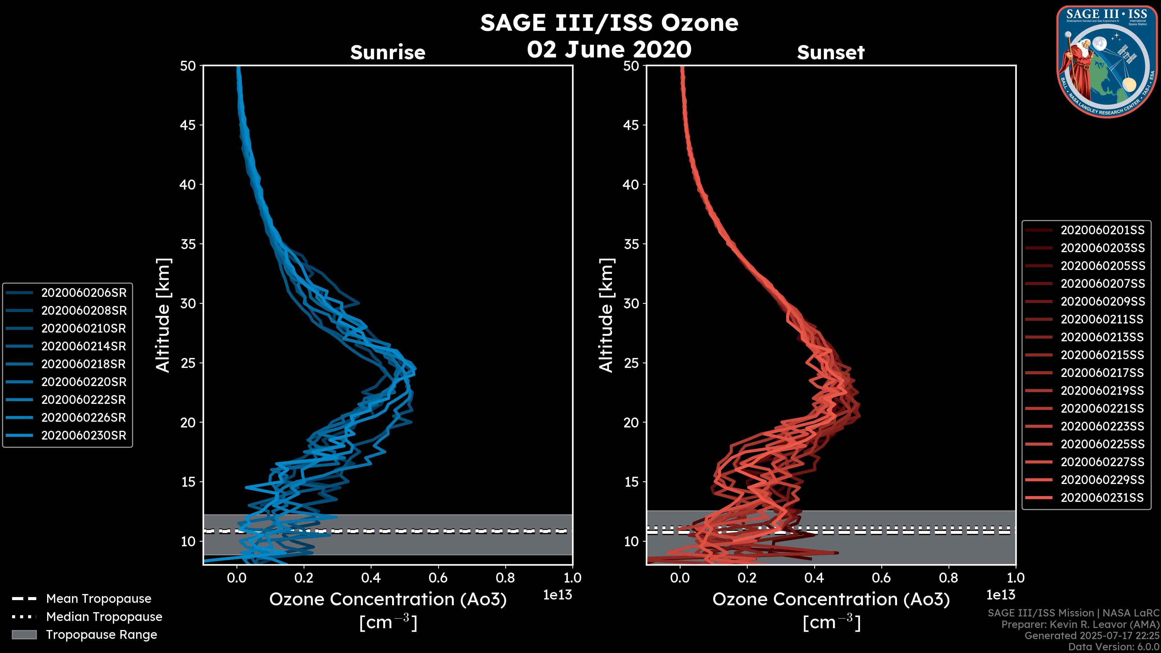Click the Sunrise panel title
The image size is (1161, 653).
(x=388, y=53)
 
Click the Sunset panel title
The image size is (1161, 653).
(x=831, y=53)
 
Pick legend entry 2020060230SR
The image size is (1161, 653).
(x=84, y=436)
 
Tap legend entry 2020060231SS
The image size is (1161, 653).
(x=1102, y=498)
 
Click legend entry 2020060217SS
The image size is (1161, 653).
(x=1102, y=373)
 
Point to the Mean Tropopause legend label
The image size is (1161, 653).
(x=99, y=599)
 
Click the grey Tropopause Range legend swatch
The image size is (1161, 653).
(x=24, y=635)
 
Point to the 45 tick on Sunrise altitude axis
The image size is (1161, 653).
(x=188, y=125)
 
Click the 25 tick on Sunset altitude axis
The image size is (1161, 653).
(x=631, y=363)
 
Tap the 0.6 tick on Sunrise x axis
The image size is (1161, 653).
(x=438, y=578)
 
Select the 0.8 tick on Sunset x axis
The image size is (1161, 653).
(x=948, y=578)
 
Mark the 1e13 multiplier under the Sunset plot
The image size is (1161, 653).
(x=1000, y=595)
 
